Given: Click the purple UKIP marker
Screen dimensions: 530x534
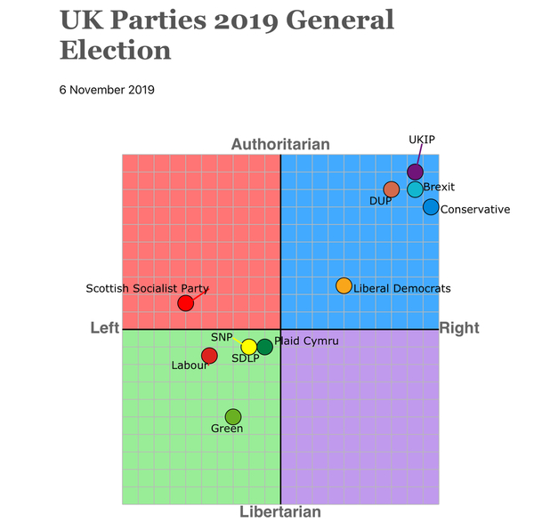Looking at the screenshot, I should point(415,172).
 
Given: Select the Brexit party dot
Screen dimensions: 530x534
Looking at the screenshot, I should point(416,189).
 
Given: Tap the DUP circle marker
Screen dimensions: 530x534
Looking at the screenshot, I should point(392,189).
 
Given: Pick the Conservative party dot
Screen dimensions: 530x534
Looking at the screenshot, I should point(431,207).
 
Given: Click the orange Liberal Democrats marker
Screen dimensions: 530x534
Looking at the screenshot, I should point(344,285).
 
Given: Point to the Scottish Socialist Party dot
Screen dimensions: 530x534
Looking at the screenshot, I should point(185,303).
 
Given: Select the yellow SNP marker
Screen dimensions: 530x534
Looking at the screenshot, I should point(249,347).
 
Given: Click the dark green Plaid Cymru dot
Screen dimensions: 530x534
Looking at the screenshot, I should point(264,347).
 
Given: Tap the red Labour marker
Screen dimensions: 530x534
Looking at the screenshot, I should point(209,356).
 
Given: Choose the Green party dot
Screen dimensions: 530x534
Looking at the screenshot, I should point(233,416).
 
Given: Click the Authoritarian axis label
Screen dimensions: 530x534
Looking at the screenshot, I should point(280,144).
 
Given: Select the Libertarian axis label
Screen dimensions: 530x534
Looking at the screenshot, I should point(280,512).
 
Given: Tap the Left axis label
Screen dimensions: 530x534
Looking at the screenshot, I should point(105,329).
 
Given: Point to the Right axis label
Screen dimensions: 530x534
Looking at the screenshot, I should point(459,329).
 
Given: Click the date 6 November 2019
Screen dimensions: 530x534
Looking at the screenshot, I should point(107,90).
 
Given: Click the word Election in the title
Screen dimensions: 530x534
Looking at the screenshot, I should point(116,50).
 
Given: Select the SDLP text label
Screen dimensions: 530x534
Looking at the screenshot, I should point(246,359).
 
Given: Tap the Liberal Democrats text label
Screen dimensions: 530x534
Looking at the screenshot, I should point(402,288).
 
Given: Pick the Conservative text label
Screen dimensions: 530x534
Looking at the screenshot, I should point(475,210).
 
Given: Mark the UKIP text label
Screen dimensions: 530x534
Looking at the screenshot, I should point(422,140).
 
